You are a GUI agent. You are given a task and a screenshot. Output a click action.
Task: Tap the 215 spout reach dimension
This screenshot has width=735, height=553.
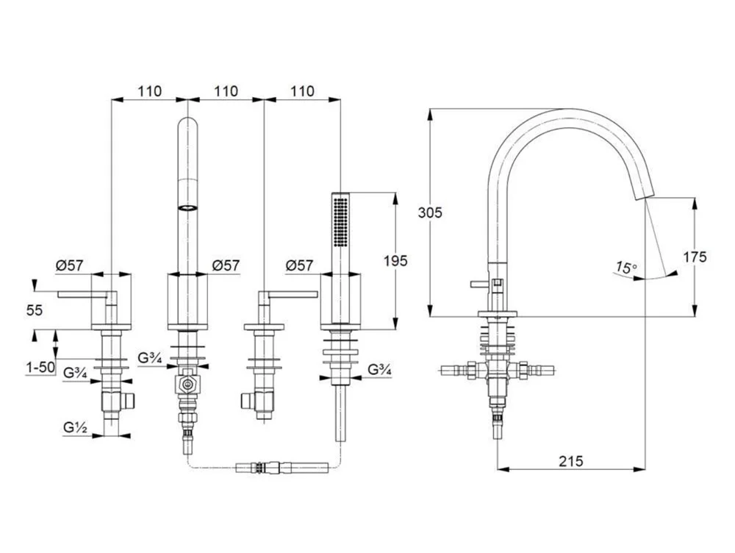(x=570, y=461)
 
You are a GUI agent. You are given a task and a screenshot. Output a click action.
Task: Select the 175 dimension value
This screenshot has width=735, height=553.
(x=695, y=257)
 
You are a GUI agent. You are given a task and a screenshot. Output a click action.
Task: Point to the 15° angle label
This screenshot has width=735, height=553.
(x=625, y=268)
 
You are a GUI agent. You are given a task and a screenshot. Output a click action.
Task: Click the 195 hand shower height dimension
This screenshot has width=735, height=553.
(x=395, y=260)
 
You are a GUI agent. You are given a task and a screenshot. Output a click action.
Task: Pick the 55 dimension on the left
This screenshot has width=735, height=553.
(x=34, y=310)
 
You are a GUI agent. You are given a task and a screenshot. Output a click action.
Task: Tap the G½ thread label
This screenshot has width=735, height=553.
(x=75, y=426)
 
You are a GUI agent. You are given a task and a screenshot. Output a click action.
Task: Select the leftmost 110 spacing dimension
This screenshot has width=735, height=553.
(x=148, y=91)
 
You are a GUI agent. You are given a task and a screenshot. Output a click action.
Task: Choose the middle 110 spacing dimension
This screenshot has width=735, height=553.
(x=225, y=91)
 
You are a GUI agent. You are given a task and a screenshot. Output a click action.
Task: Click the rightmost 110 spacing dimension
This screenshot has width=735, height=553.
(x=301, y=91)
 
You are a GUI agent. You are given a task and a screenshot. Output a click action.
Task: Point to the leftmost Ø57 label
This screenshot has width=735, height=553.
(x=70, y=265)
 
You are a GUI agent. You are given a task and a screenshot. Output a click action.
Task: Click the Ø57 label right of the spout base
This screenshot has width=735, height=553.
(x=225, y=265)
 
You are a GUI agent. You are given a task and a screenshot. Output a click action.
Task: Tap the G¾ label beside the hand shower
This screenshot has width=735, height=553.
(x=379, y=370)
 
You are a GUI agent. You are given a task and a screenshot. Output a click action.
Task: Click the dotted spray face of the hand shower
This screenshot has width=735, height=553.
(x=339, y=221)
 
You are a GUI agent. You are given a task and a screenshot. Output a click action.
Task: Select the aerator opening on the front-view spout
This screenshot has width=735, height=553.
(x=187, y=208)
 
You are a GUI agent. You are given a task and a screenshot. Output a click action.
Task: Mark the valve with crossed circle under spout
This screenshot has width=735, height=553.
(x=188, y=385)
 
